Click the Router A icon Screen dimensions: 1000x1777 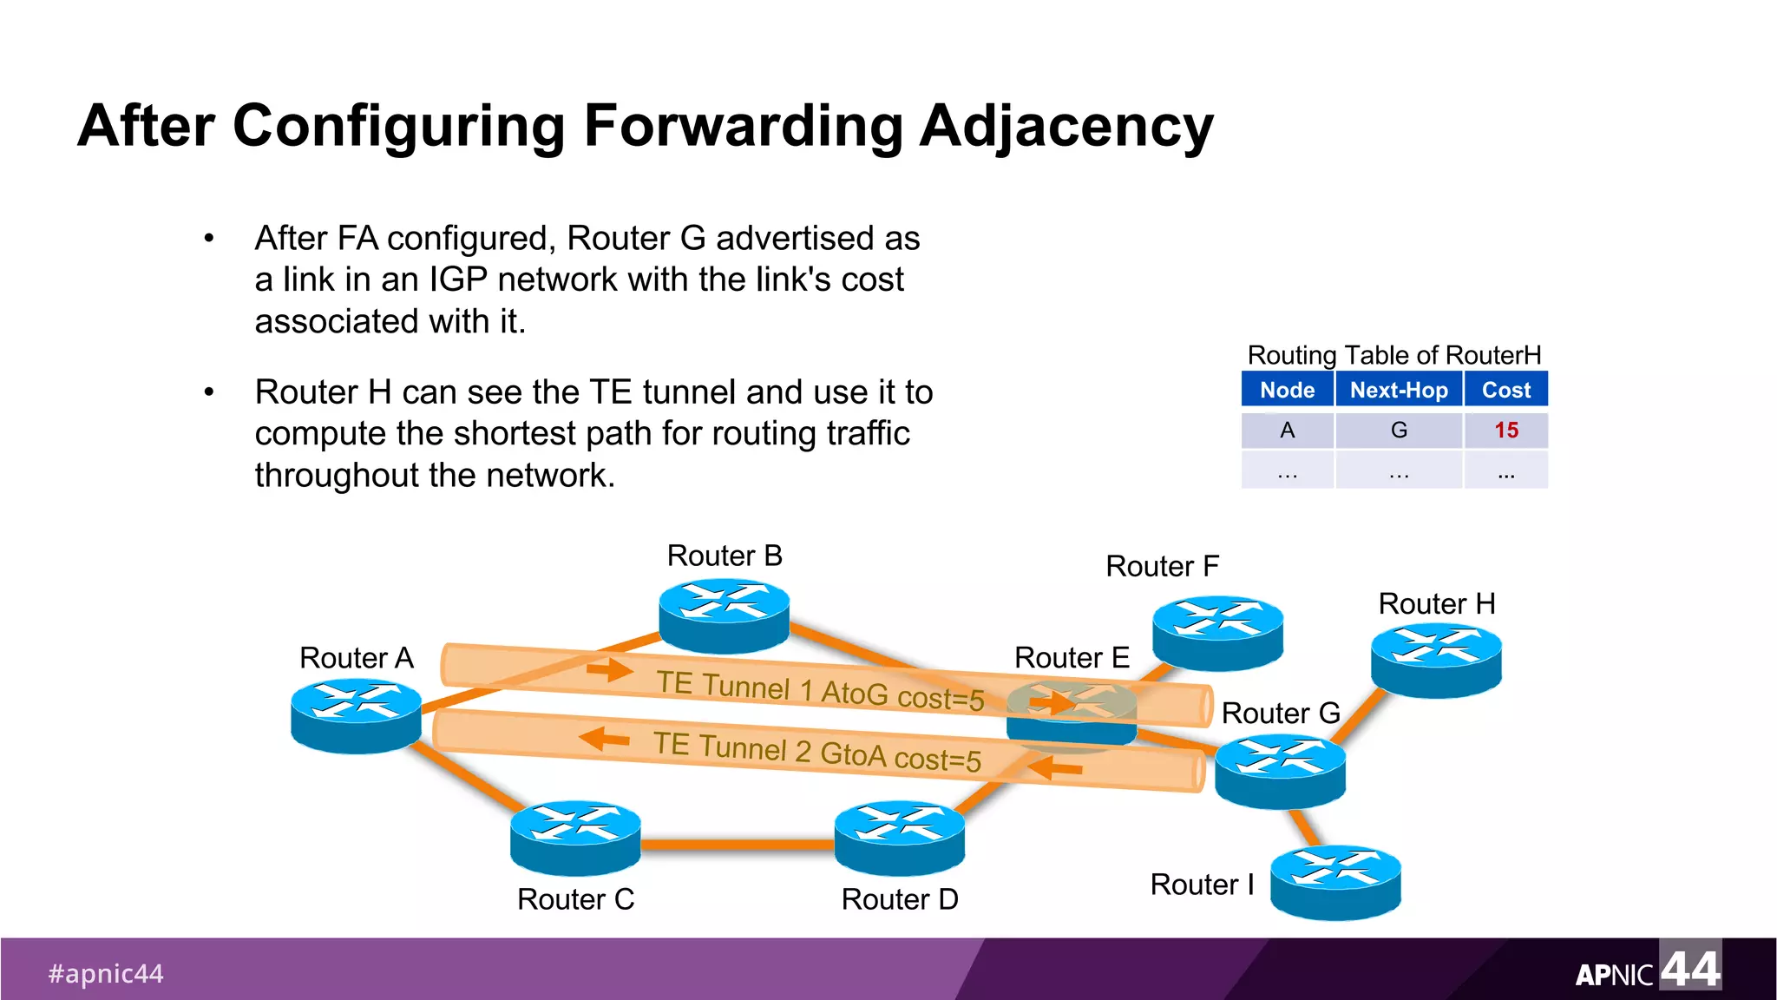[x=356, y=715]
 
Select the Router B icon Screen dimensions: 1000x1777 [x=724, y=615]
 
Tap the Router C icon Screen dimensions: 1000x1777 [x=575, y=837]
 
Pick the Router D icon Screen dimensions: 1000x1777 [x=899, y=837]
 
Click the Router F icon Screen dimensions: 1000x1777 [x=1217, y=632]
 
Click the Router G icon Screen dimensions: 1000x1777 [x=1280, y=771]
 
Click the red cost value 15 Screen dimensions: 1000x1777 [x=1506, y=431]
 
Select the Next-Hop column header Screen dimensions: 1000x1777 [x=1399, y=390]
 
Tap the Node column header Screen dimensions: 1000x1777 [x=1287, y=390]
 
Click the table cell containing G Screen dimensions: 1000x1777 [x=1399, y=431]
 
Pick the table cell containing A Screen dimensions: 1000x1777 [x=1287, y=431]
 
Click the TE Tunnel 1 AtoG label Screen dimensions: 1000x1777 [x=819, y=691]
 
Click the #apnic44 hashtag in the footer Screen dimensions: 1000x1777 [x=106, y=973]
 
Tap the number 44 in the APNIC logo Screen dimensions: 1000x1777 [x=1689, y=967]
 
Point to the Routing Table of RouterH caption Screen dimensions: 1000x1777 [x=1393, y=355]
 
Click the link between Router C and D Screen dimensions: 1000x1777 [x=738, y=844]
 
